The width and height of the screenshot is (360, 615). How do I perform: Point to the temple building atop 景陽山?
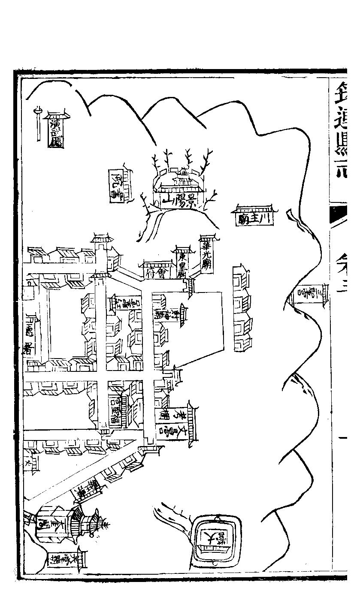click(180, 182)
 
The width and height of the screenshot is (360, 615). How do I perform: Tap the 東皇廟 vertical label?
click(182, 263)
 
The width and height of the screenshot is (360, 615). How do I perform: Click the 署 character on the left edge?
click(29, 346)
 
